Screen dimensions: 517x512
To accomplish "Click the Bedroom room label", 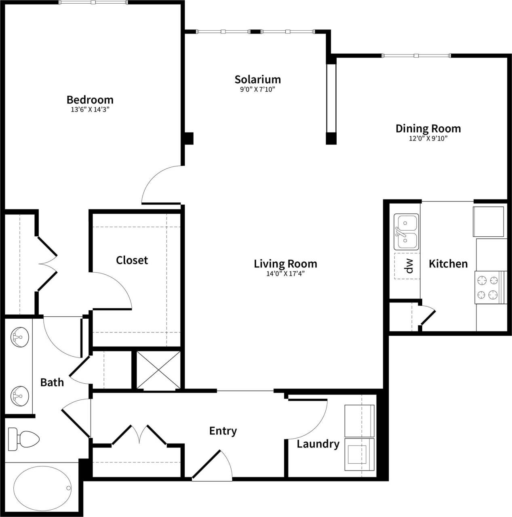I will (x=90, y=99).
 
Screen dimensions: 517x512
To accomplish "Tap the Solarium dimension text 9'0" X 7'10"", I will (x=257, y=89).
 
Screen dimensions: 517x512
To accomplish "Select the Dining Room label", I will (x=428, y=128).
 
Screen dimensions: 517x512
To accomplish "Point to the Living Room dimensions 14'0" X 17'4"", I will (x=285, y=273).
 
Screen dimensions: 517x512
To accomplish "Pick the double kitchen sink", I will (x=407, y=232).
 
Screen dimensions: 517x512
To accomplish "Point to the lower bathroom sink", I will (x=19, y=393).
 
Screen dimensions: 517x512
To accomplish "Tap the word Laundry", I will (x=318, y=444).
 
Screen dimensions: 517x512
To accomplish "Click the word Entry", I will (x=223, y=431).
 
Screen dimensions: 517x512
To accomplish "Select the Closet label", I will (x=132, y=260).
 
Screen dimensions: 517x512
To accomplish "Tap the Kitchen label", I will (x=448, y=264).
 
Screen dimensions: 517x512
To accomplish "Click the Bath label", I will (x=52, y=382).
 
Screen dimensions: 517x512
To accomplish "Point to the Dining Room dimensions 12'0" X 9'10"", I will (x=428, y=139).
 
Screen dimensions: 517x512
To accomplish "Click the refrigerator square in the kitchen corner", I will (x=489, y=221).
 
